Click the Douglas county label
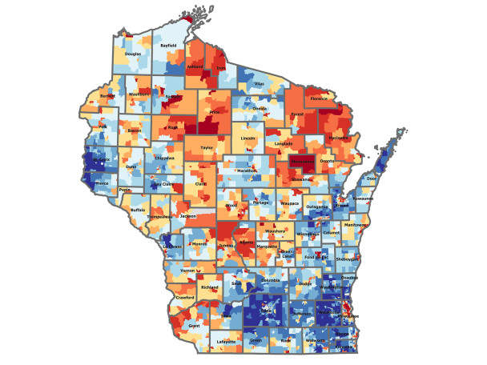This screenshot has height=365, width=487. click(133, 54)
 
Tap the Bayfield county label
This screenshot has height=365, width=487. click(168, 46)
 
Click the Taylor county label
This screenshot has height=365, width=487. click(207, 148)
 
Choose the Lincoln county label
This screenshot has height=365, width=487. click(248, 138)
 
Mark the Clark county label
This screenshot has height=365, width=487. click(200, 185)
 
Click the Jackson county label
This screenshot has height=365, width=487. click(188, 216)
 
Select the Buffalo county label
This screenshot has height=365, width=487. click(138, 211)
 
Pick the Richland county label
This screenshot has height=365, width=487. click(210, 287)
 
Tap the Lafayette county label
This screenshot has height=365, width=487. click(227, 342)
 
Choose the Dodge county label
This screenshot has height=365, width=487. click(304, 284)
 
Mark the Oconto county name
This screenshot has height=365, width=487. click(327, 162)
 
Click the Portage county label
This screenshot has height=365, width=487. click(260, 203)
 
